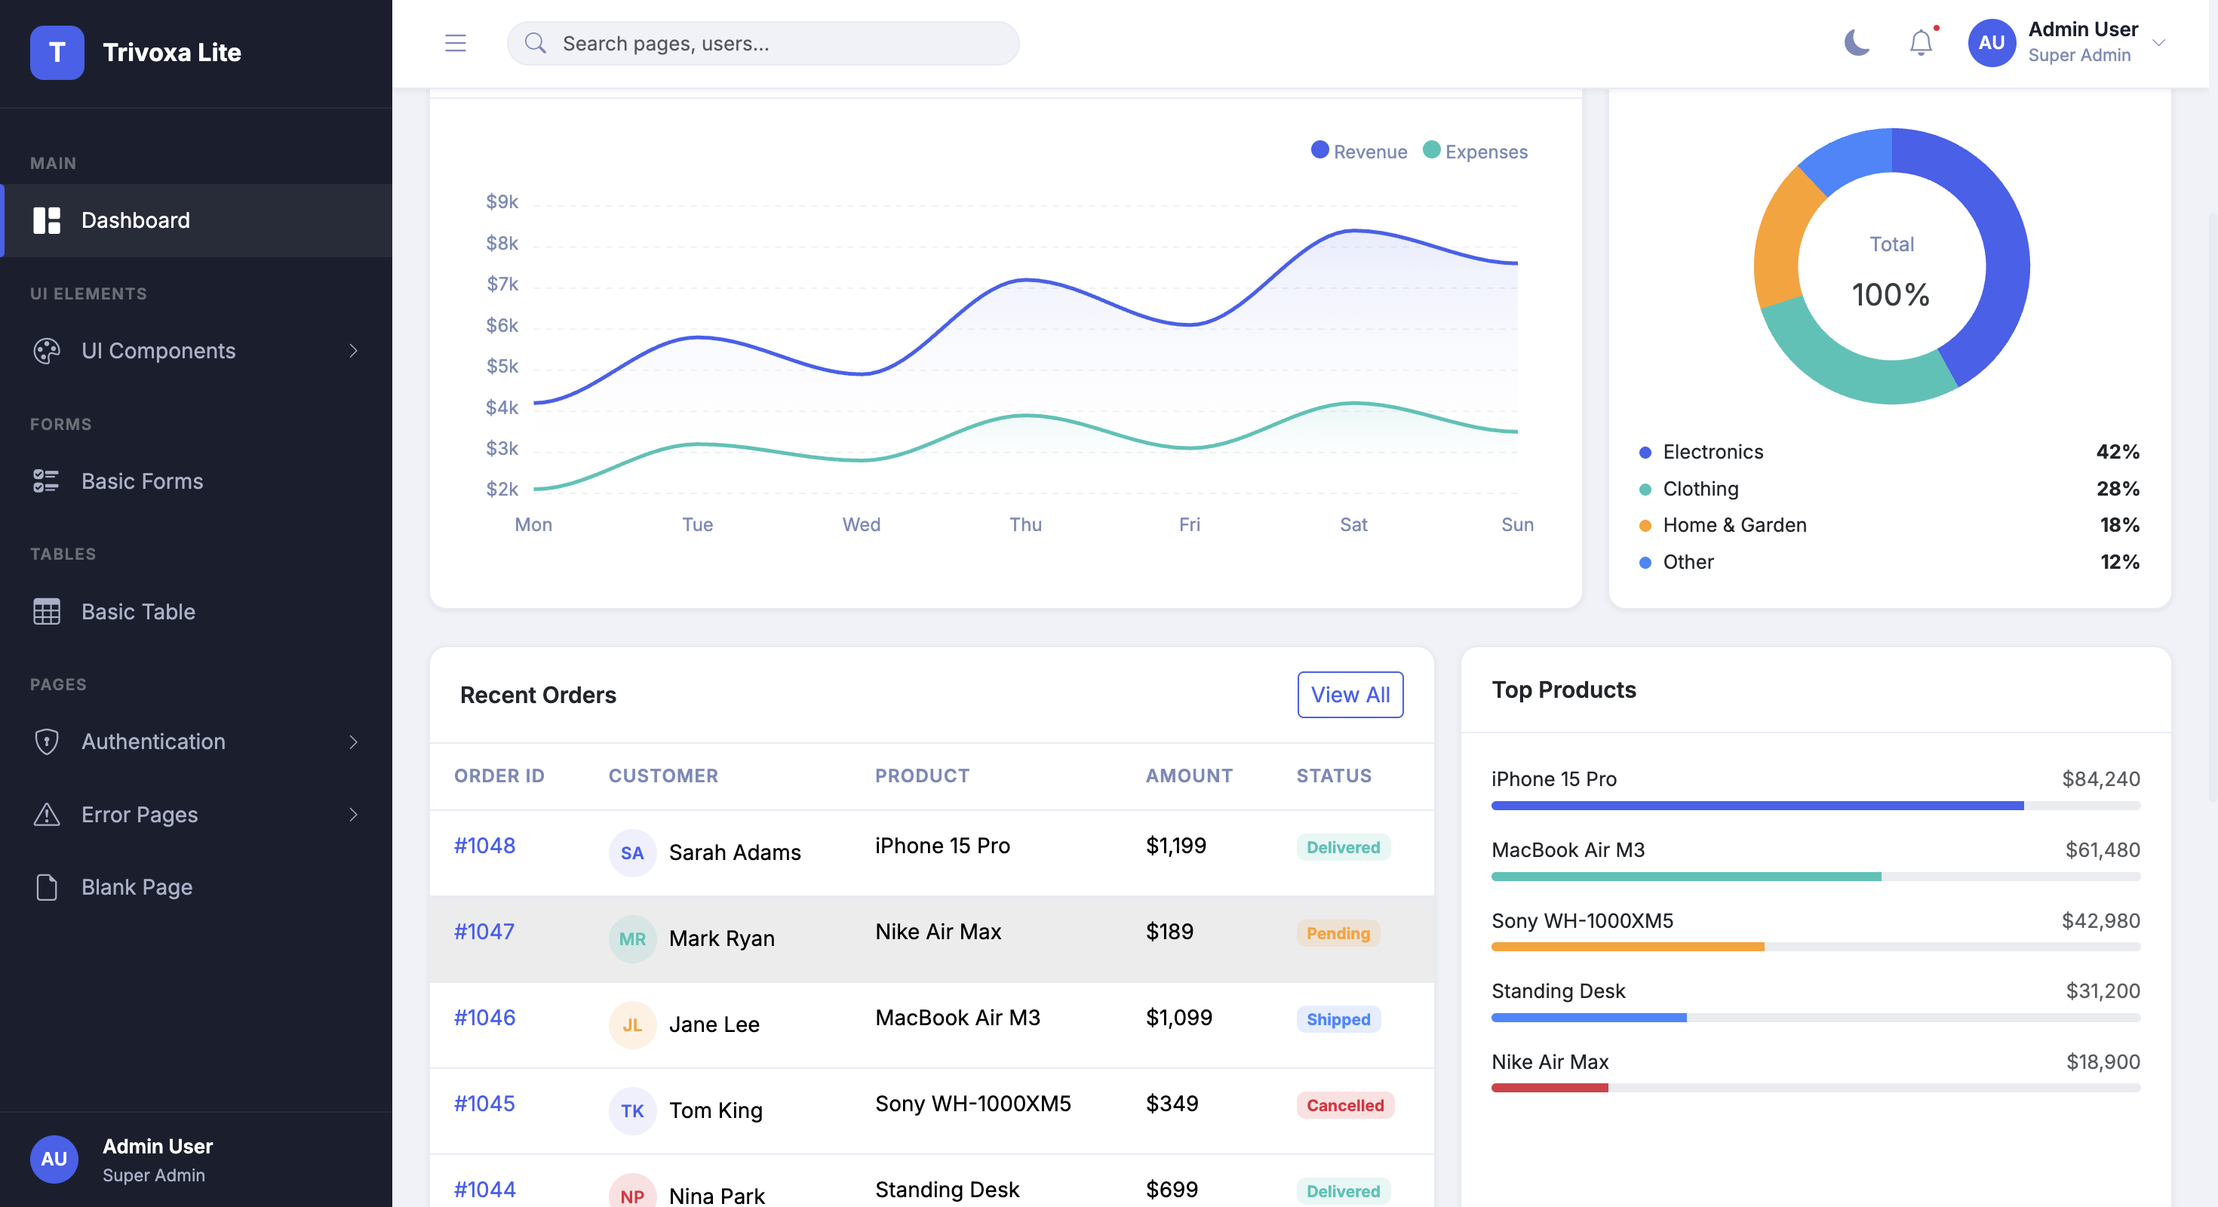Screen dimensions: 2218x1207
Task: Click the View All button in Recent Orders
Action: coord(1350,695)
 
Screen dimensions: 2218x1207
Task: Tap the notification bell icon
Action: coord(1921,42)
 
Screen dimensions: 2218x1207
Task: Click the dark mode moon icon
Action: coord(1857,42)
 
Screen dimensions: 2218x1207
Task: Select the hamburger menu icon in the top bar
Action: coord(456,43)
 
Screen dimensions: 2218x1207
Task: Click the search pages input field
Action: coord(763,43)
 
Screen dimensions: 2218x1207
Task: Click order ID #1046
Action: coord(485,1018)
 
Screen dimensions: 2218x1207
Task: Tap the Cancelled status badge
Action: coord(1345,1105)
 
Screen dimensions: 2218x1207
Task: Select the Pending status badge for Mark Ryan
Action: coord(1338,933)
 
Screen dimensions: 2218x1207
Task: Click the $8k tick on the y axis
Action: coord(502,244)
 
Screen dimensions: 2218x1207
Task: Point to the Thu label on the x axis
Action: coord(1025,524)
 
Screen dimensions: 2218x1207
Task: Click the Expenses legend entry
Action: coord(1476,152)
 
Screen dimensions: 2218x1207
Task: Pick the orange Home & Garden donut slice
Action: coord(1781,237)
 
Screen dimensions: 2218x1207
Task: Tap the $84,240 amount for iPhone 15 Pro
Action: coord(2101,779)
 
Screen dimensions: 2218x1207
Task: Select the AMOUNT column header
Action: coord(1189,775)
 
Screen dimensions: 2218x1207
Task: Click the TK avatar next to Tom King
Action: coord(632,1110)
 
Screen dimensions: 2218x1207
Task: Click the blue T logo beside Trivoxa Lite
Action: coord(57,53)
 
